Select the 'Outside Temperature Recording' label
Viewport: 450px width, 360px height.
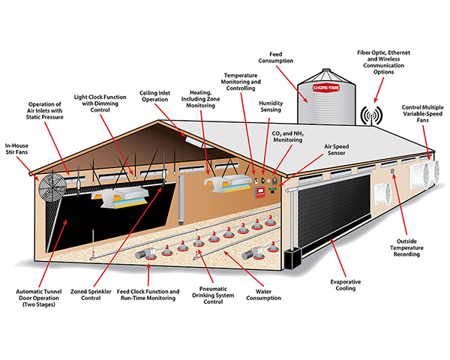pos(406,247)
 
